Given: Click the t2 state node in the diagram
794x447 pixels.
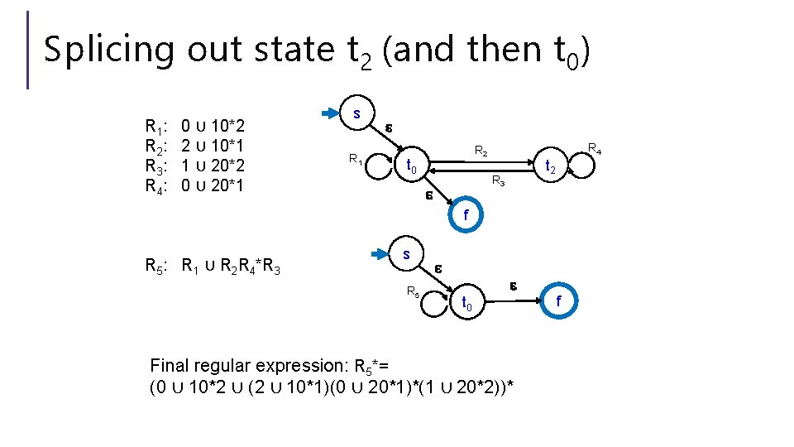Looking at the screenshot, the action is [549, 166].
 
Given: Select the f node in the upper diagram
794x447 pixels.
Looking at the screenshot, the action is [465, 214].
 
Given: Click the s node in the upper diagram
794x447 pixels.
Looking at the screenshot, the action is [356, 113].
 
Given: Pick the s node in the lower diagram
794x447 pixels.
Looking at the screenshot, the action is [405, 255].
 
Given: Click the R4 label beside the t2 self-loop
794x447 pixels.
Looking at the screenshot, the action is [594, 149].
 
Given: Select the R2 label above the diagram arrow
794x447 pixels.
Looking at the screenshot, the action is [481, 151].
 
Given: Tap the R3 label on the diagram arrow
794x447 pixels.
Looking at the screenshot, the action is [497, 180].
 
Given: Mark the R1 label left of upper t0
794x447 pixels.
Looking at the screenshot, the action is [354, 158].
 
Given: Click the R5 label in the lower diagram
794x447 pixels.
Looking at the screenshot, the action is [412, 291].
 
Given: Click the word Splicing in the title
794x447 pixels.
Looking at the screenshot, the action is [108, 50].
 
